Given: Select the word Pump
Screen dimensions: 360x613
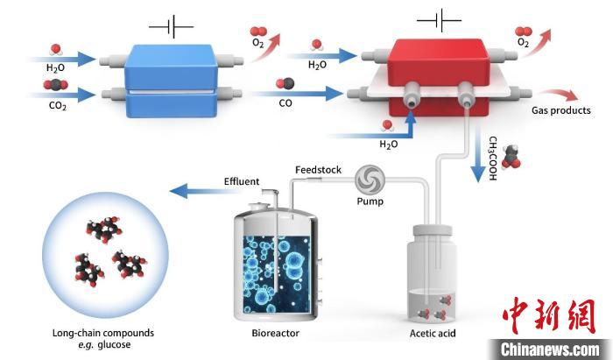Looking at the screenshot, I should click(x=370, y=201).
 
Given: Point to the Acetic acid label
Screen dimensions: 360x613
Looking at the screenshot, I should click(x=433, y=333).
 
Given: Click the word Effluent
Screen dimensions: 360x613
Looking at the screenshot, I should click(x=242, y=181).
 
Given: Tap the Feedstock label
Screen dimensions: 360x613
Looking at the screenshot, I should click(x=318, y=169).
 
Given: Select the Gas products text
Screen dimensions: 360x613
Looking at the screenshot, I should click(x=561, y=110).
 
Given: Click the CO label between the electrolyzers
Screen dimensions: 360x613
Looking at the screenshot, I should click(x=285, y=102).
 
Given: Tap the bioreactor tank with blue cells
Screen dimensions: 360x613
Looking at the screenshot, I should click(x=276, y=264).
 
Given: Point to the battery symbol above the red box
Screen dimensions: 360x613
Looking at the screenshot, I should click(x=439, y=19).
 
